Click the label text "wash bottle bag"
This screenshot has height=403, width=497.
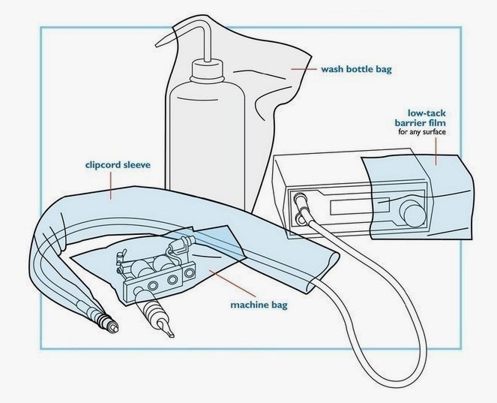pyautogui.click(x=357, y=70)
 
